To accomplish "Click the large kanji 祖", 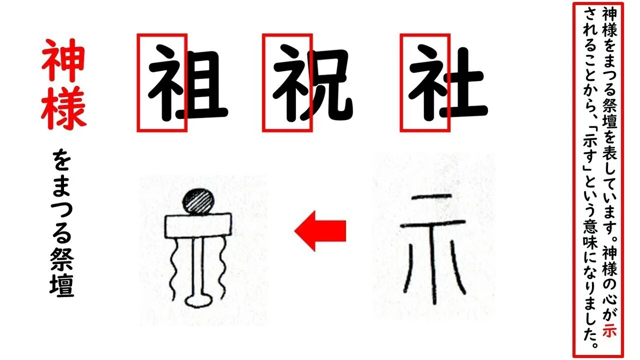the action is click(188, 83).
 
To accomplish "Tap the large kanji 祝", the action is click(313, 83).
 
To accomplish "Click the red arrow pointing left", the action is click(321, 231).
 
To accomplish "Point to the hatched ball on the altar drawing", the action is click(198, 202).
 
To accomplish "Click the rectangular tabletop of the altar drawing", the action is click(198, 226).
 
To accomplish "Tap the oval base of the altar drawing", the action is click(198, 301).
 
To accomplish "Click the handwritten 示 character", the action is click(434, 249).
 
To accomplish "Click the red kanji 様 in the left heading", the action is click(63, 107).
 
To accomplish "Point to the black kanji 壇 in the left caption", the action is click(62, 286).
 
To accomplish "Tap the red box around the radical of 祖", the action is click(138, 83).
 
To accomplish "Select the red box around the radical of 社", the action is click(401, 83).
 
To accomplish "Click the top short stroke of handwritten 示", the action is click(431, 197).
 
